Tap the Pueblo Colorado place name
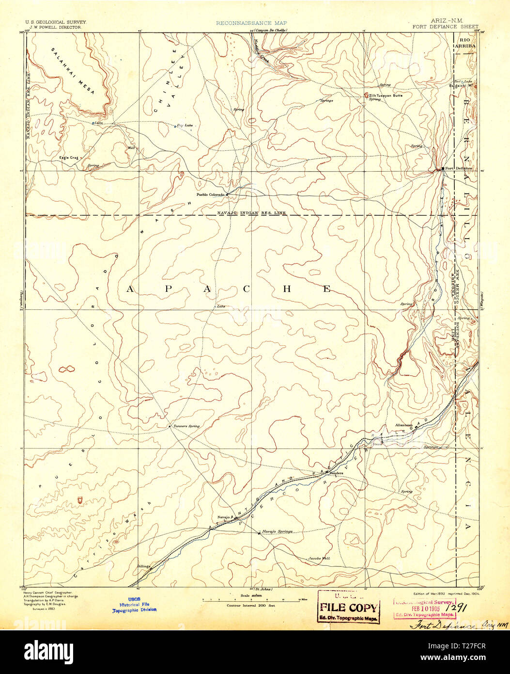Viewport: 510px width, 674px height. pyautogui.click(x=210, y=194)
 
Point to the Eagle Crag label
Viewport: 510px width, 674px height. pyautogui.click(x=68, y=157)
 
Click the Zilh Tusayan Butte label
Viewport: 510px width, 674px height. pyautogui.click(x=386, y=96)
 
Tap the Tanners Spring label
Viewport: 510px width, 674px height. pyautogui.click(x=186, y=426)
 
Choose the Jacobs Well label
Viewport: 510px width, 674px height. pyautogui.click(x=319, y=559)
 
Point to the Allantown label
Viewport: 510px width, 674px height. pyautogui.click(x=403, y=425)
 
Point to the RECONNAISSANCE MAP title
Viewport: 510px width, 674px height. pyautogui.click(x=251, y=23)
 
